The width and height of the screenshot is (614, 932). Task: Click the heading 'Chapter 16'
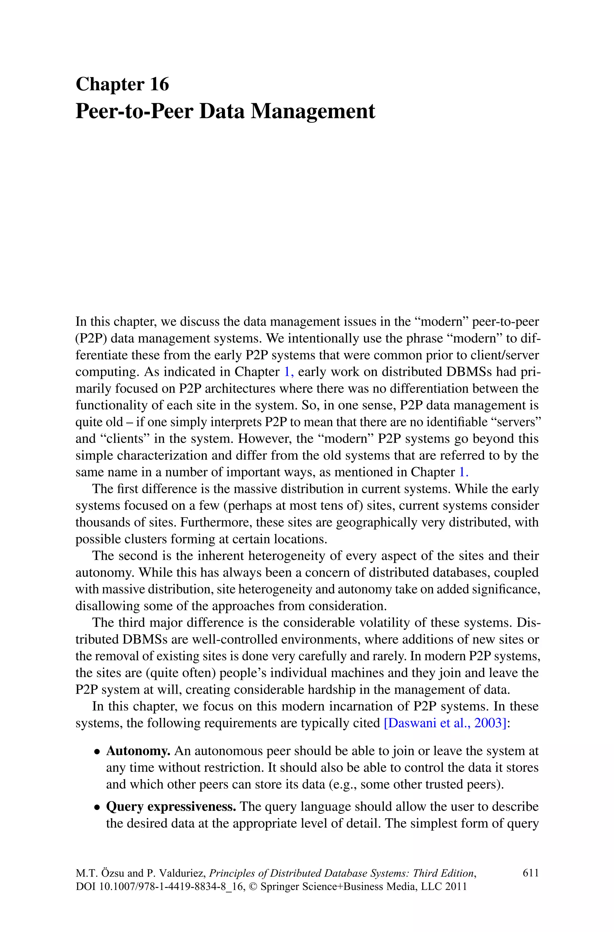tap(122, 84)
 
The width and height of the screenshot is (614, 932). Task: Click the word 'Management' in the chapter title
tap(312, 111)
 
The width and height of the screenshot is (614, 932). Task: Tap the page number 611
tap(531, 873)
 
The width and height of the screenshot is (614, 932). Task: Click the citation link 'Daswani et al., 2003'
tap(446, 723)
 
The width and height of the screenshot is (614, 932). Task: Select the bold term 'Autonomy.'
tap(138, 751)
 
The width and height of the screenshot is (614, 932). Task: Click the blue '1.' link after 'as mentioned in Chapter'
tap(463, 472)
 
